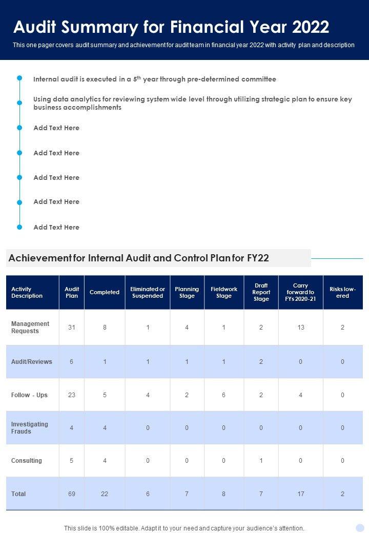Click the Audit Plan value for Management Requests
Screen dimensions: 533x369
[x=72, y=327]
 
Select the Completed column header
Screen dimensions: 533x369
[x=105, y=292]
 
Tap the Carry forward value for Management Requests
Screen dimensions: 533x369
[x=300, y=327]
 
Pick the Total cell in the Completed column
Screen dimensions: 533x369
[x=105, y=494]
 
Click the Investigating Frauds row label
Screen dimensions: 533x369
[x=30, y=427]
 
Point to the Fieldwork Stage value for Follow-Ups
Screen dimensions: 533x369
[x=224, y=395]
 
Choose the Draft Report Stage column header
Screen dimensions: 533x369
[x=261, y=292]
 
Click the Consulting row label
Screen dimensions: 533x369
[x=27, y=460]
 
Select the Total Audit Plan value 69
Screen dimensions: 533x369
[x=72, y=494]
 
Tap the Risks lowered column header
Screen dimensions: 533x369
[x=343, y=292]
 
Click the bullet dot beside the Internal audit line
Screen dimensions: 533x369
[x=19, y=78]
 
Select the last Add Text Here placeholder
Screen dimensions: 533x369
[x=56, y=227]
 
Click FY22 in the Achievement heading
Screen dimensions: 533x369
[x=257, y=258]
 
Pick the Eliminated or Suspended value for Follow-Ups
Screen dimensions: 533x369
[x=148, y=395]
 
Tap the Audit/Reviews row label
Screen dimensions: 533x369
[x=32, y=361]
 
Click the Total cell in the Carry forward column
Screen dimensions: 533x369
[x=300, y=494]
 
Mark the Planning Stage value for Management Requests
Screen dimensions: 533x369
[x=187, y=327]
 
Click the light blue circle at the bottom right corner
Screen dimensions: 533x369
[x=360, y=527]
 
